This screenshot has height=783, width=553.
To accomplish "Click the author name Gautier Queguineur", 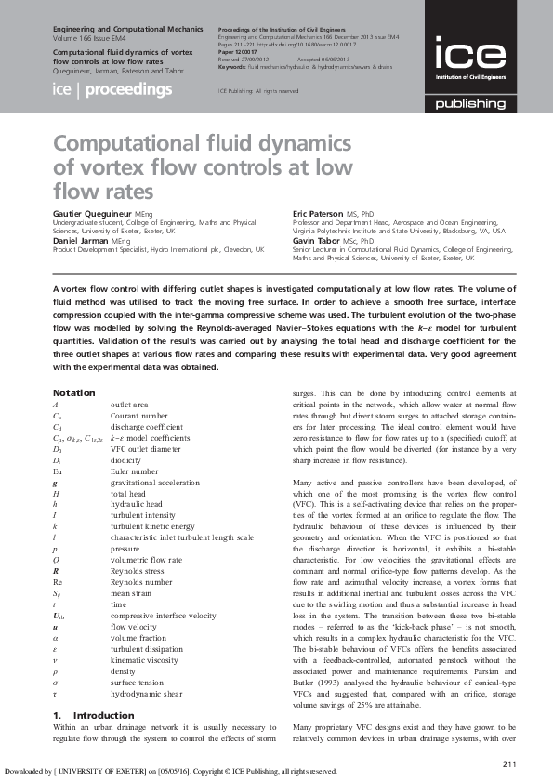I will tap(93, 214).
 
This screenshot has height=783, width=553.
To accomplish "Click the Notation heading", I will tap(73, 393).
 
